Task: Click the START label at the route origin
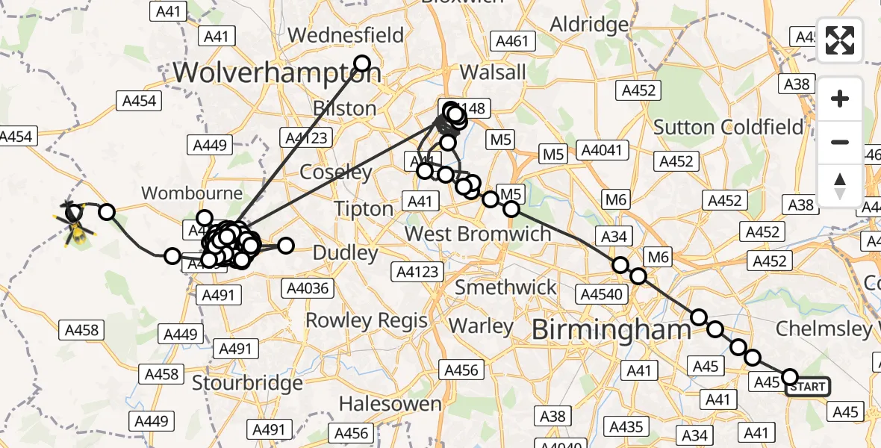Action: pyautogui.click(x=808, y=386)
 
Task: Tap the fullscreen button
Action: pyautogui.click(x=840, y=40)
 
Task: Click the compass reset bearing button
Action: pyautogui.click(x=840, y=185)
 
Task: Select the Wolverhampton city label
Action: pyautogui.click(x=277, y=72)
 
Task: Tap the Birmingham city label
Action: pyautogui.click(x=611, y=330)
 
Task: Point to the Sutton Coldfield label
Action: pyautogui.click(x=728, y=127)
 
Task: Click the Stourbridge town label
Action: pyautogui.click(x=247, y=383)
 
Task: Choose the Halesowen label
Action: pyautogui.click(x=390, y=404)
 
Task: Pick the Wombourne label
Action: pyautogui.click(x=192, y=193)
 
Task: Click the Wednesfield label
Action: pyautogui.click(x=346, y=35)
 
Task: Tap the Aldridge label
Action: pyautogui.click(x=589, y=25)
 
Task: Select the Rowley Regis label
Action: pyautogui.click(x=367, y=321)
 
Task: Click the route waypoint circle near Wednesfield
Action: pyautogui.click(x=362, y=63)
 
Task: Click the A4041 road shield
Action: pyautogui.click(x=600, y=150)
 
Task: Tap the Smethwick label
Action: pyautogui.click(x=506, y=287)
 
